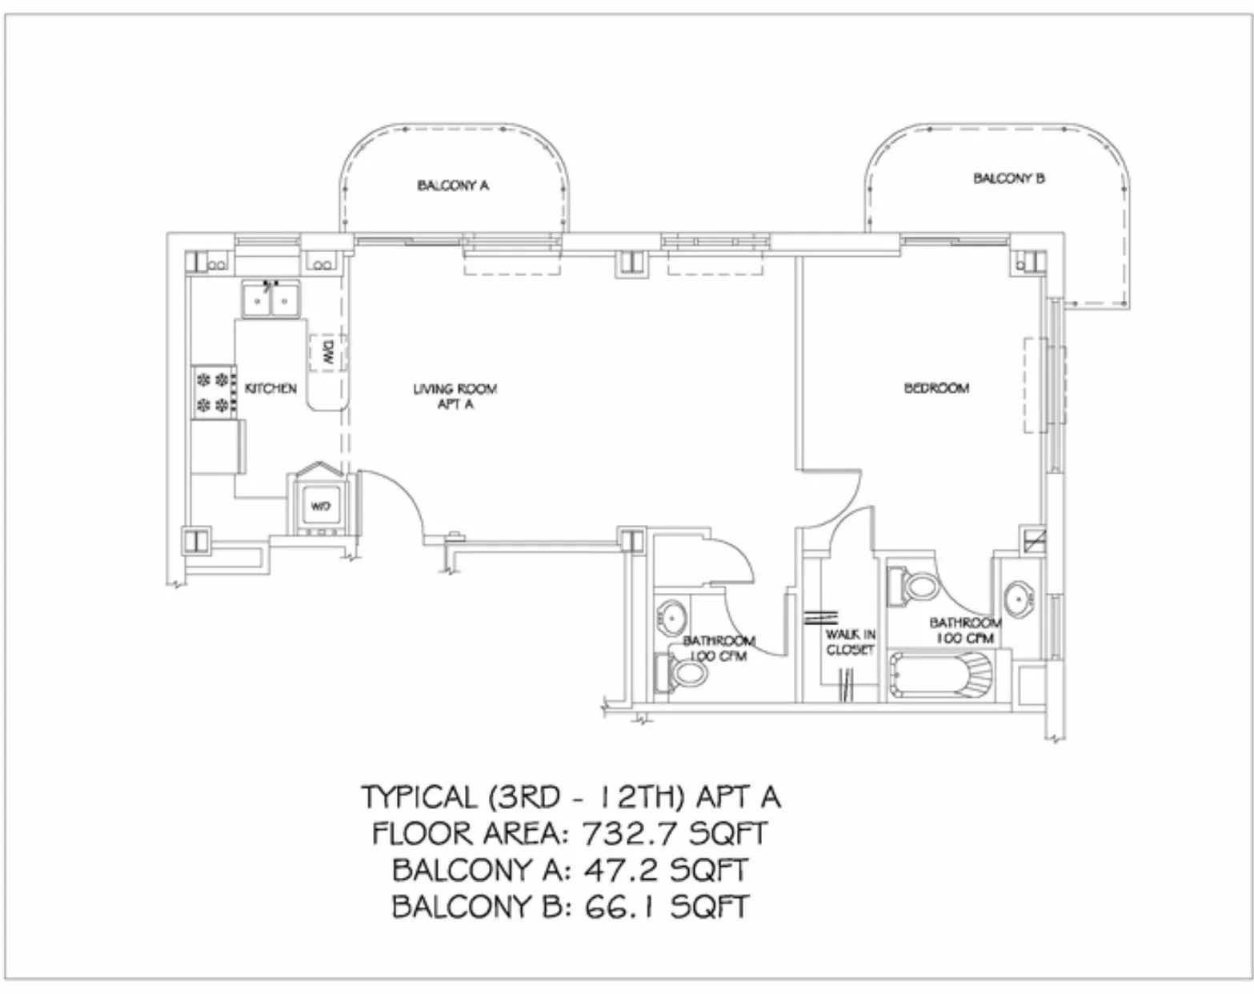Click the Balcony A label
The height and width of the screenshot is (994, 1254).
click(x=452, y=186)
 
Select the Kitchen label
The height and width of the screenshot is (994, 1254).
click(x=270, y=388)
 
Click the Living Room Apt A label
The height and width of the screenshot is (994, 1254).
click(x=455, y=396)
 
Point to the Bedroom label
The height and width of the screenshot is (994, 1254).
click(x=936, y=388)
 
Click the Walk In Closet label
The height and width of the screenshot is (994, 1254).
click(x=850, y=642)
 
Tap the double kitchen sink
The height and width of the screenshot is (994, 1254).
click(x=270, y=300)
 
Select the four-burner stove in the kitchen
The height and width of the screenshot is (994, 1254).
click(x=214, y=391)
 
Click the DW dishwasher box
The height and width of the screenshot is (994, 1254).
click(x=327, y=352)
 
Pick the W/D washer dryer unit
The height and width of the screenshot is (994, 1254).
click(x=319, y=506)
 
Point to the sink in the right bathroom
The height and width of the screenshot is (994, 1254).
click(x=1019, y=597)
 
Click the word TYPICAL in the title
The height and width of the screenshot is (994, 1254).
click(x=418, y=797)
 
